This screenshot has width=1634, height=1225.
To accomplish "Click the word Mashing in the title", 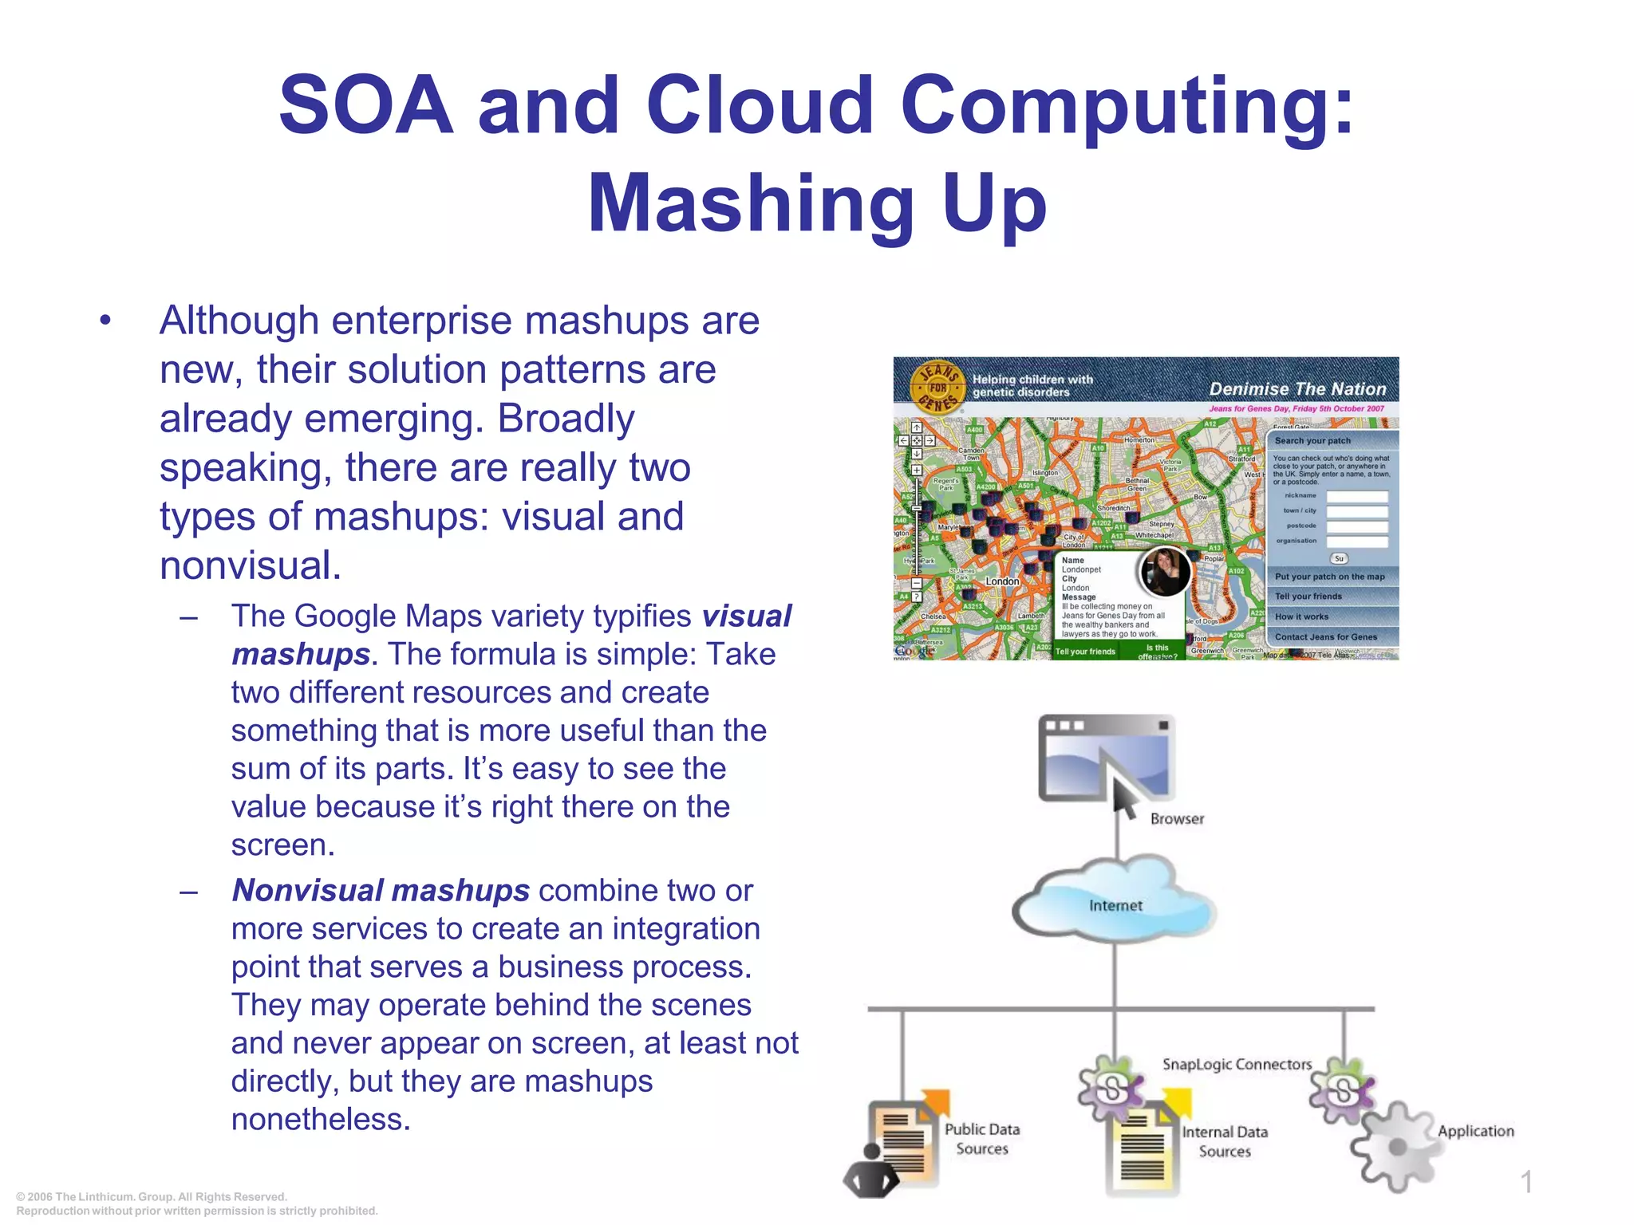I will [x=750, y=204].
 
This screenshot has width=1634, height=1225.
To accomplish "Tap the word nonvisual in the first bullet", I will [x=250, y=565].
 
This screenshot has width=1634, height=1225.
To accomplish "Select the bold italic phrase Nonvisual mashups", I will [x=381, y=890].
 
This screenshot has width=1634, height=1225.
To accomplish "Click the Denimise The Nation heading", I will [x=1297, y=388].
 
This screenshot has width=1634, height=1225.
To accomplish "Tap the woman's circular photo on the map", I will [x=1165, y=570].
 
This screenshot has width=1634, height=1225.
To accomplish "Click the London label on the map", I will [x=1002, y=581].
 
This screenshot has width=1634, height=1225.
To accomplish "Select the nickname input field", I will [x=1356, y=496].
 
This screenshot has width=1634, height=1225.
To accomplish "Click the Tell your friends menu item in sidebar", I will [x=1308, y=597].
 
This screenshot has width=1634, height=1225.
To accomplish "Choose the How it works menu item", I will [x=1301, y=616].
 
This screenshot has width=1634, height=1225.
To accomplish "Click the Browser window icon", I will [x=1106, y=758].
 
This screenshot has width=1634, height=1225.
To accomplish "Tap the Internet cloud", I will [x=1115, y=905].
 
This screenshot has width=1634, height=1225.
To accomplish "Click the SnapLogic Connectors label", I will [x=1237, y=1064].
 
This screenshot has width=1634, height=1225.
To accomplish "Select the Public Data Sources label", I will [x=982, y=1139].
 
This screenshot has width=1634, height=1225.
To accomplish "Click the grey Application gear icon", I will [x=1396, y=1147].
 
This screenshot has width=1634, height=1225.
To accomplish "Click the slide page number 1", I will [x=1526, y=1182].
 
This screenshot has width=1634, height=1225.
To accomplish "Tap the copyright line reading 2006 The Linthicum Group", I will [x=152, y=1196].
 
